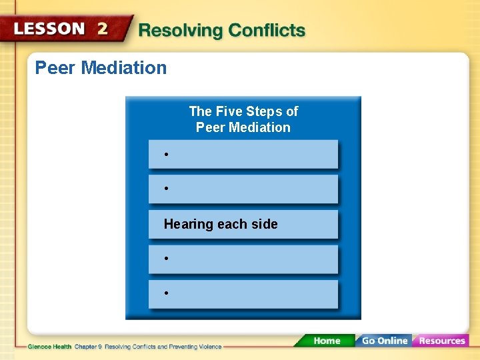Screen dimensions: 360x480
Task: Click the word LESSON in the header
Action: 49,29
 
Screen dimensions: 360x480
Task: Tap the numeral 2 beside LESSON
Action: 103,29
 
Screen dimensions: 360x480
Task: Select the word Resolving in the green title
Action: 180,31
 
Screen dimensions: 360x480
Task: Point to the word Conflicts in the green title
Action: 267,31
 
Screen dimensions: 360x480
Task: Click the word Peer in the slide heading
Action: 53,67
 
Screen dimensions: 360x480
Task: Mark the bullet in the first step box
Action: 166,155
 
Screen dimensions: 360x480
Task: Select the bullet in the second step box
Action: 166,189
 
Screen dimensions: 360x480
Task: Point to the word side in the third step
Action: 265,224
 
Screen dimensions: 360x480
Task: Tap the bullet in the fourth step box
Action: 166,258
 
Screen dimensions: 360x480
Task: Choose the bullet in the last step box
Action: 166,293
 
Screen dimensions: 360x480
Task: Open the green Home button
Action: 326,341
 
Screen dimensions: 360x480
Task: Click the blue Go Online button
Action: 384,341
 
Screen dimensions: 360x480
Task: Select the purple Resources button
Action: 441,341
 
